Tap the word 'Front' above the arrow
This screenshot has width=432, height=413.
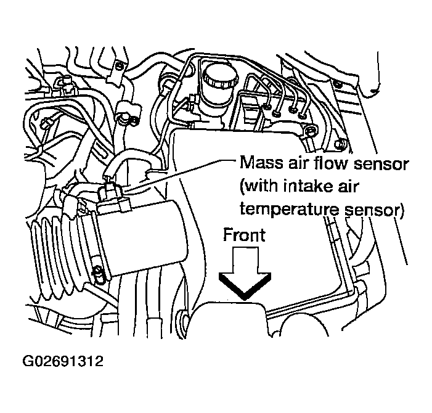click(244, 235)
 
